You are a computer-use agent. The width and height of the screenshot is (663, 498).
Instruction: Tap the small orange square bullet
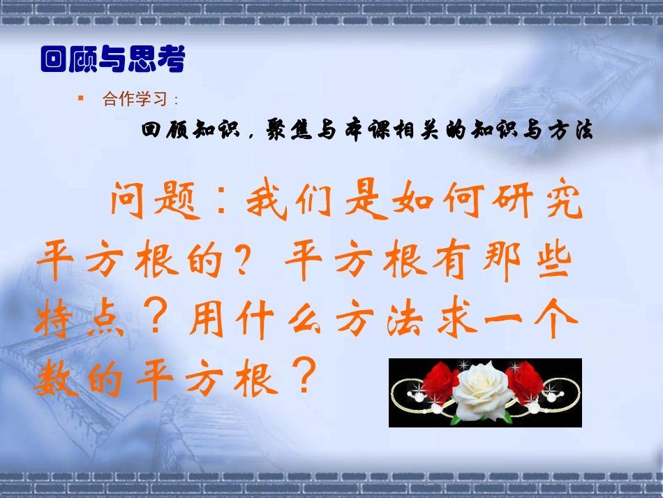80,98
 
